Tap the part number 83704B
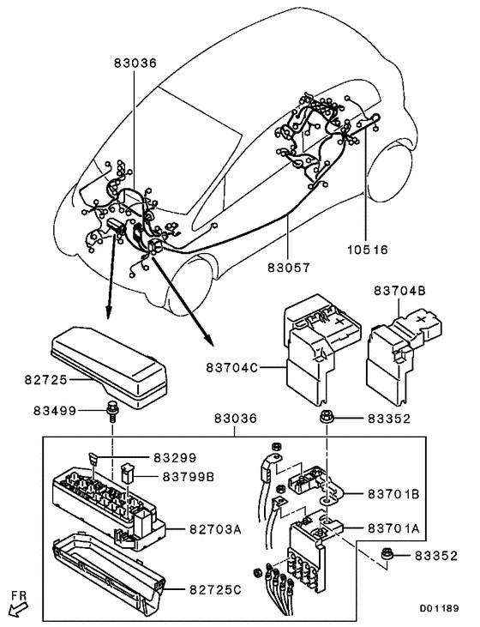(x=399, y=291)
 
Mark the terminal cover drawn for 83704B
(x=401, y=352)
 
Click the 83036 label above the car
(x=136, y=63)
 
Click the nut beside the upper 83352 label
(x=327, y=419)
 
